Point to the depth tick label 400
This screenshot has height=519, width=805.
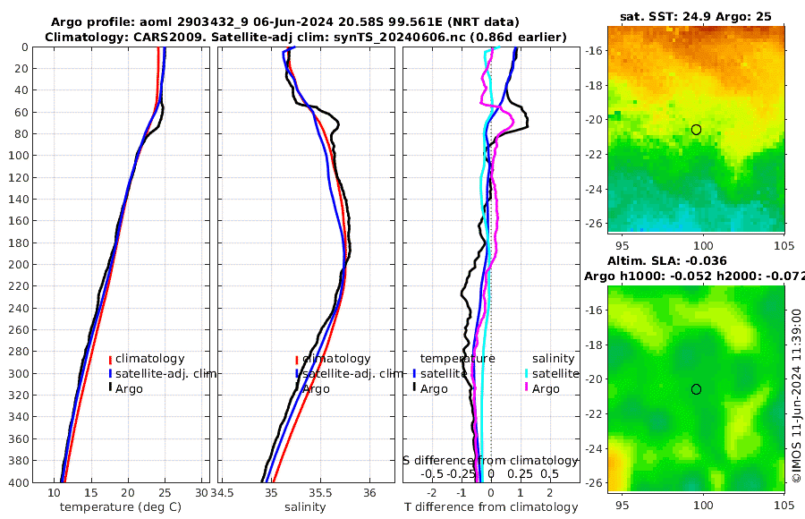click(x=21, y=482)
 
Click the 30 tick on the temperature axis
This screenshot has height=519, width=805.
click(x=200, y=493)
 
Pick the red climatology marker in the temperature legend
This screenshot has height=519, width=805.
click(x=110, y=359)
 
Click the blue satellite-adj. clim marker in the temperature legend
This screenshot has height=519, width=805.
click(x=110, y=373)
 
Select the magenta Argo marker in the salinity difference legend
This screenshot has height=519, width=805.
click(x=527, y=388)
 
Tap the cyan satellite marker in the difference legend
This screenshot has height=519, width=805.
click(x=527, y=373)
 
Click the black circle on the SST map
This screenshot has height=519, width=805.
click(x=696, y=130)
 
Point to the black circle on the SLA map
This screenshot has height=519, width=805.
click(x=696, y=389)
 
